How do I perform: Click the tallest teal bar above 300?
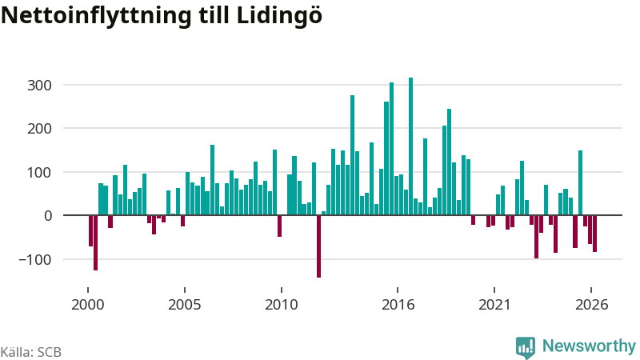point(410,146)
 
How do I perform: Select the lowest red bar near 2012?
point(318,246)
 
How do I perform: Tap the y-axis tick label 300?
point(39,86)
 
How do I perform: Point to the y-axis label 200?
point(39,129)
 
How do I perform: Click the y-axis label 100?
point(39,172)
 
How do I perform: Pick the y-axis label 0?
point(48,215)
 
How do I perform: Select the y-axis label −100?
point(35,259)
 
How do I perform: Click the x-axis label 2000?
point(88,305)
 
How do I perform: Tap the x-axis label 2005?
point(185,305)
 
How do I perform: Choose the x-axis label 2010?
point(282,305)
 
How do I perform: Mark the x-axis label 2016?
point(398,305)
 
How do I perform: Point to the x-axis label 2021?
point(494,305)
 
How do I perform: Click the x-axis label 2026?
point(591,305)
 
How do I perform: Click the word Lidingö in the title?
point(279,16)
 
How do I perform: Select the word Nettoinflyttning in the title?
point(96,16)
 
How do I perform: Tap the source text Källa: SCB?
point(31,352)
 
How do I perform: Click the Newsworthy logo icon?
point(526,348)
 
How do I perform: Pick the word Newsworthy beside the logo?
point(589,346)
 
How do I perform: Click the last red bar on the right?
point(594,234)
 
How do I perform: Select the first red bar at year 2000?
point(90,230)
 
